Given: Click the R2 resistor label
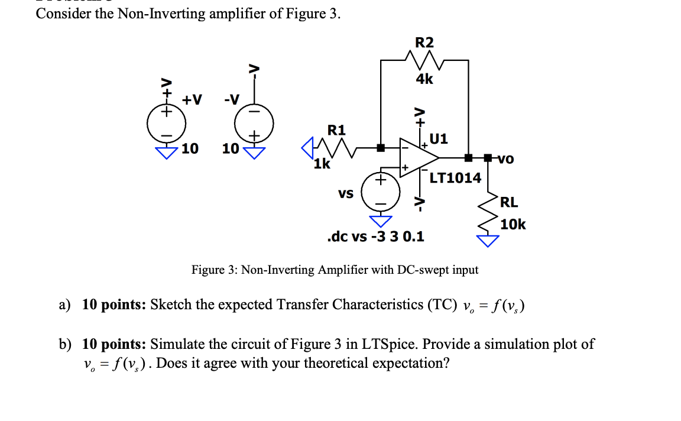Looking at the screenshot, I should [424, 43].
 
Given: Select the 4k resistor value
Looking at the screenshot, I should [424, 79].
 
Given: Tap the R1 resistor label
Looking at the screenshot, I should [337, 129].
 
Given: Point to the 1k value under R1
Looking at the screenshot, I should [322, 164].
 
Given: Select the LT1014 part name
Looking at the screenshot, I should [455, 177].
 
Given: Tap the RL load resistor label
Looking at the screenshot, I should [509, 202].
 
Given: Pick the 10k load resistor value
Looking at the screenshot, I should [513, 224].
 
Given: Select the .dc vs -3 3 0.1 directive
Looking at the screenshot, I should [375, 237].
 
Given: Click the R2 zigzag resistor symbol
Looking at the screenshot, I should [424, 60].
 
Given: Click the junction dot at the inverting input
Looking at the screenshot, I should [381, 147].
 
